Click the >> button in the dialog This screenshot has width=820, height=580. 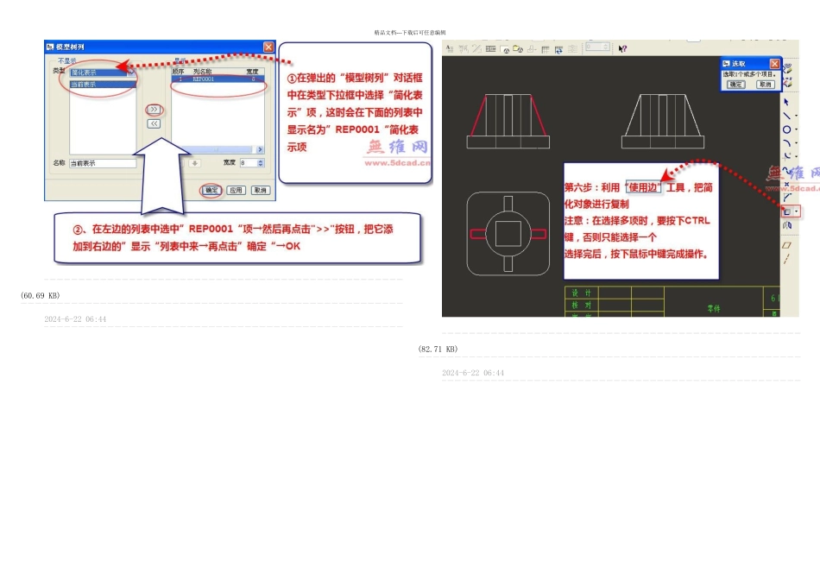(154, 110)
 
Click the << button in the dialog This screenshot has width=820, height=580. (154, 123)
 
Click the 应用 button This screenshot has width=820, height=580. (236, 190)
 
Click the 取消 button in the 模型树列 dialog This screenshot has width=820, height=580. (260, 190)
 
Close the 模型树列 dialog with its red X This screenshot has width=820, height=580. (268, 47)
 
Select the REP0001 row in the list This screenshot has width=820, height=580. (216, 79)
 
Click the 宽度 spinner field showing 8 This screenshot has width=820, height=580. (249, 163)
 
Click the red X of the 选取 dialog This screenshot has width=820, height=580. (774, 64)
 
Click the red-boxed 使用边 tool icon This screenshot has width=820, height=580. (787, 211)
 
